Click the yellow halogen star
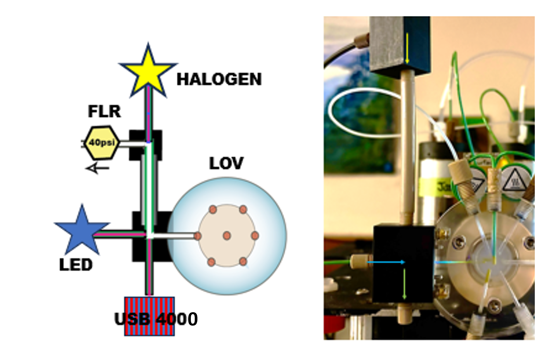tap(148, 71)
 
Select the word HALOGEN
tap(219, 79)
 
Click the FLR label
tap(104, 111)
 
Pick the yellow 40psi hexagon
tap(102, 143)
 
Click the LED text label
tap(76, 265)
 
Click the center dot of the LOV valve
tap(227, 236)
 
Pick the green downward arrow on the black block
tap(404, 284)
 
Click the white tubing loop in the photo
tap(363, 112)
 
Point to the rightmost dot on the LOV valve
tap(255, 236)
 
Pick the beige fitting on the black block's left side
tap(360, 262)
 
